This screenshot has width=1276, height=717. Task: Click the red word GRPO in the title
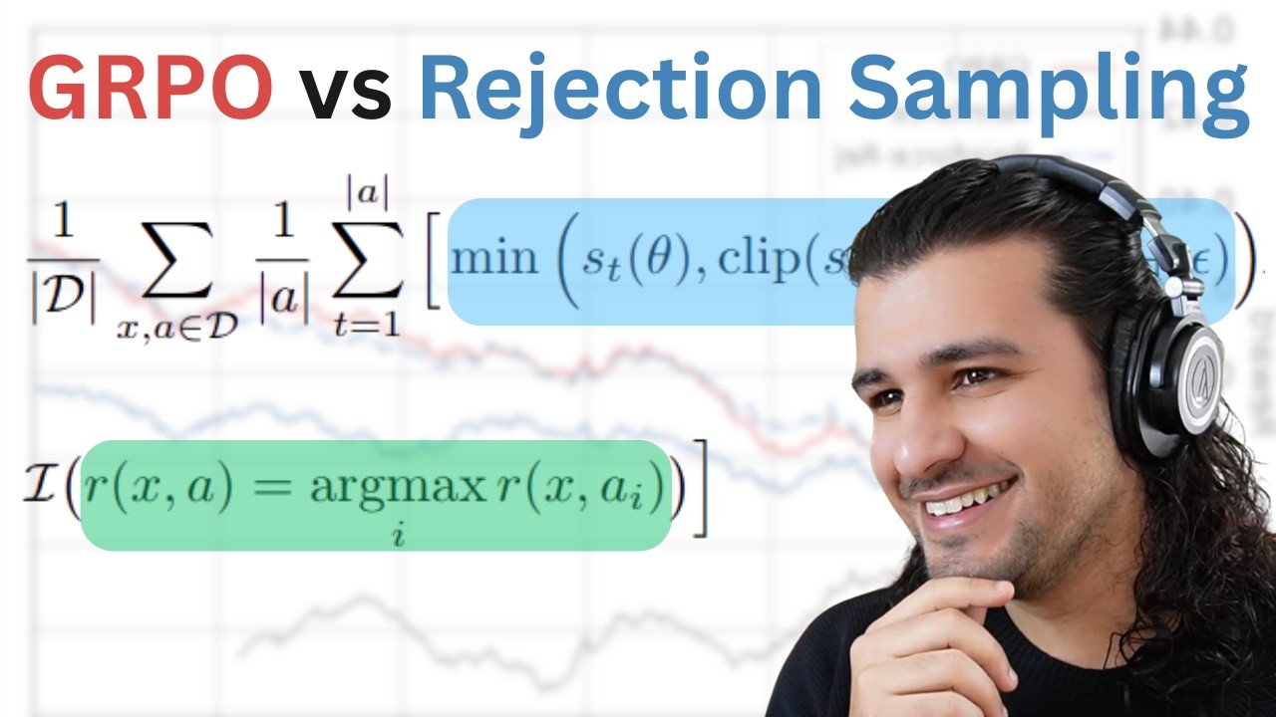pyautogui.click(x=150, y=88)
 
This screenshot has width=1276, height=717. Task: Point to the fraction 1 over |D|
pyautogui.click(x=63, y=265)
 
